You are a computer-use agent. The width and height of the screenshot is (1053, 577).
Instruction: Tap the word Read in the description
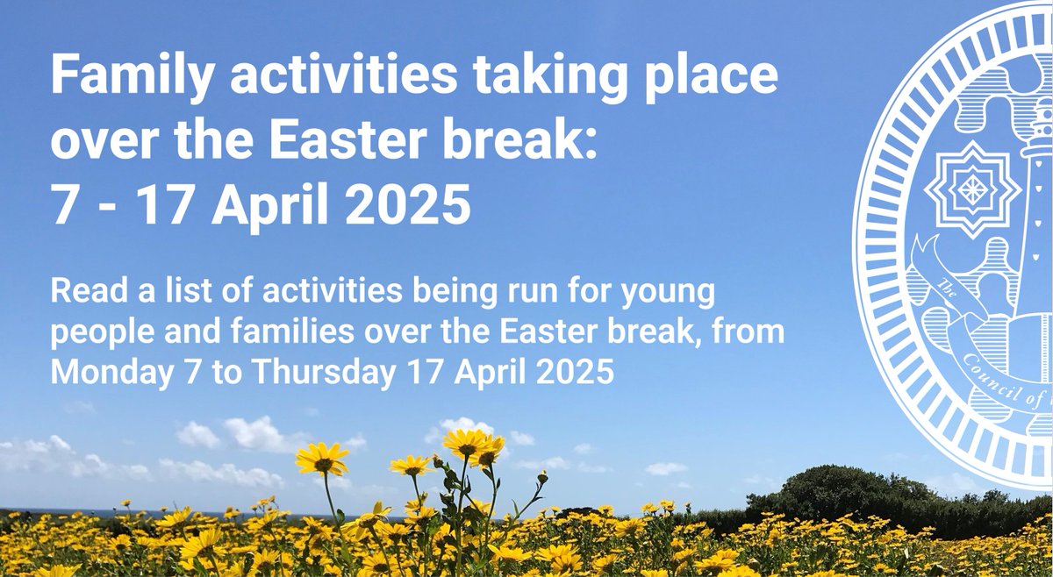coord(79,292)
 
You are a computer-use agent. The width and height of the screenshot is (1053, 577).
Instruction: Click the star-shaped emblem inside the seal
coord(970,188)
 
